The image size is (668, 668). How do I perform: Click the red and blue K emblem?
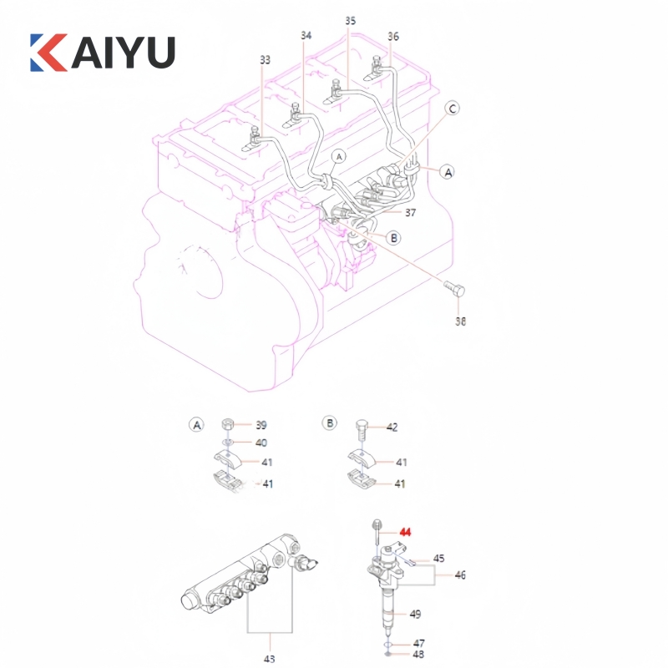pyautogui.click(x=48, y=52)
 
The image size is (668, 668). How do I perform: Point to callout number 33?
pyautogui.click(x=265, y=59)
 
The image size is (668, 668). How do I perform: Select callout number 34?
pyautogui.click(x=306, y=35)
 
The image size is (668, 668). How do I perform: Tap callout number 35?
pyautogui.click(x=350, y=19)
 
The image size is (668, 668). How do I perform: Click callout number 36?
pyautogui.click(x=393, y=36)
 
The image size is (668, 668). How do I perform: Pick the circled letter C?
pyautogui.click(x=452, y=109)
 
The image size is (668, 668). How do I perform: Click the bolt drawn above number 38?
pyautogui.click(x=455, y=291)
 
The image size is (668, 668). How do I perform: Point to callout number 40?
pyautogui.click(x=261, y=443)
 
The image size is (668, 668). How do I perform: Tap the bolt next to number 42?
pyautogui.click(x=361, y=428)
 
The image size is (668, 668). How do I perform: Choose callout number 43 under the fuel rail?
pyautogui.click(x=269, y=659)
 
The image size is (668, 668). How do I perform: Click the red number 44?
pyautogui.click(x=406, y=531)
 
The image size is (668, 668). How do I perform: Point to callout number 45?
pyautogui.click(x=439, y=559)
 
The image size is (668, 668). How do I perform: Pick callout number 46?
pyautogui.click(x=460, y=575)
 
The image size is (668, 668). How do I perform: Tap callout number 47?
pyautogui.click(x=419, y=644)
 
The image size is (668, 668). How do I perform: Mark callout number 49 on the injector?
pyautogui.click(x=415, y=614)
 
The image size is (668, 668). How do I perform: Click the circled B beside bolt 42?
pyautogui.click(x=330, y=423)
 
